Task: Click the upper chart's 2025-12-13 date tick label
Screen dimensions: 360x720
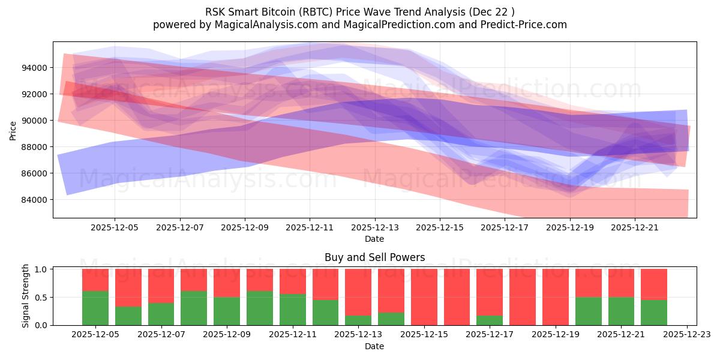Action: (374, 228)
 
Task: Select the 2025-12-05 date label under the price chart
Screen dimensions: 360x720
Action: (115, 228)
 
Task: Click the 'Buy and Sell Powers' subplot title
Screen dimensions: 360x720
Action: (374, 257)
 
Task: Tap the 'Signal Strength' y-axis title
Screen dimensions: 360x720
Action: (25, 296)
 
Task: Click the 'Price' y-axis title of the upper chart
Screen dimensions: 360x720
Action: (13, 130)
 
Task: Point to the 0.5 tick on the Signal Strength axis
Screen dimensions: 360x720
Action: (40, 298)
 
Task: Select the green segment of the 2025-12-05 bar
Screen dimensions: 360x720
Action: (95, 308)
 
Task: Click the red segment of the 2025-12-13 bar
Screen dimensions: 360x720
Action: (358, 292)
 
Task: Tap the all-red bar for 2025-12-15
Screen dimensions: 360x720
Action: (424, 297)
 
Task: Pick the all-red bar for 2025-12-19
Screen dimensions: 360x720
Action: (555, 297)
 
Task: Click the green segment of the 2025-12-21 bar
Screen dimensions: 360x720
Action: (621, 311)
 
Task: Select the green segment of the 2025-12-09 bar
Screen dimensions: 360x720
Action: (227, 311)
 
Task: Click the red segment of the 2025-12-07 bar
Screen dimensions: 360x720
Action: (161, 286)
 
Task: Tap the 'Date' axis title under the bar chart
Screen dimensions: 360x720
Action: (374, 346)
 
